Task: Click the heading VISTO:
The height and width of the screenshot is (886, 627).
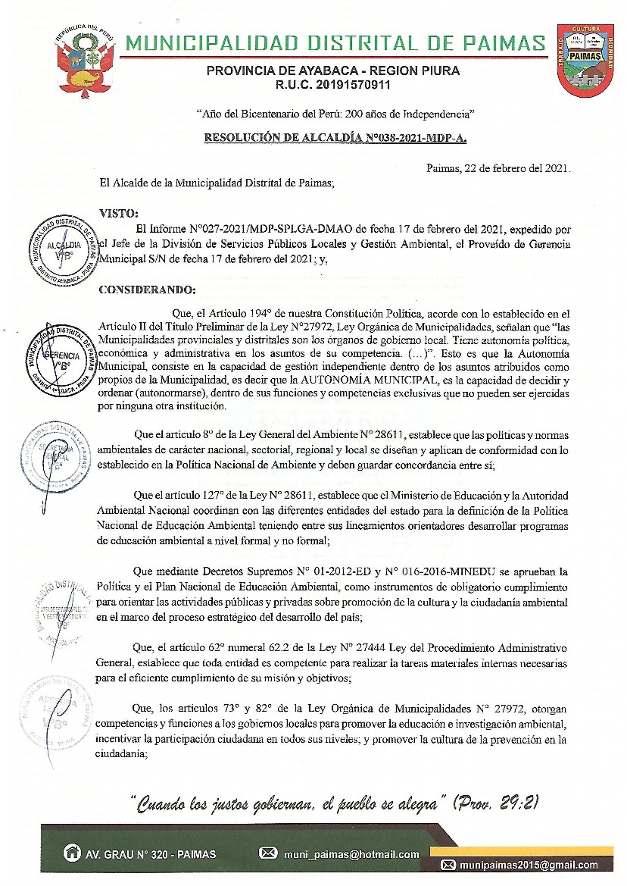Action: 120,214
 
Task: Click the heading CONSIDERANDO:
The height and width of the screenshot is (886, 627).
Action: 148,289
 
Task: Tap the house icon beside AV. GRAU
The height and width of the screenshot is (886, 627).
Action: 73,852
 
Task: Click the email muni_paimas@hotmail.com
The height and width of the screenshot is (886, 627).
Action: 351,853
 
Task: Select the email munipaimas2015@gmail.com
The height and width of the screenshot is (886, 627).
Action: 529,865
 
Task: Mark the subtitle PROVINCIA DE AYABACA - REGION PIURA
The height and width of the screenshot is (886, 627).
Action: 334,70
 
